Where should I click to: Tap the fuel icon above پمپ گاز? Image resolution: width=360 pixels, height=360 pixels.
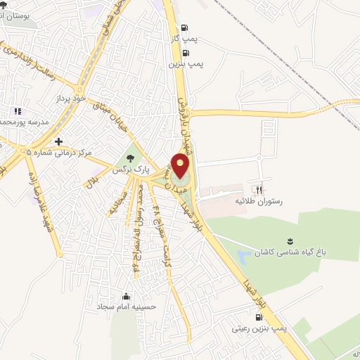click(x=185, y=29)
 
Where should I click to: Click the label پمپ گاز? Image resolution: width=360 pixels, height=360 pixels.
click(x=184, y=40)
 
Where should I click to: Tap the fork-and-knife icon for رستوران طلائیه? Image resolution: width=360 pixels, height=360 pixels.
click(x=259, y=189)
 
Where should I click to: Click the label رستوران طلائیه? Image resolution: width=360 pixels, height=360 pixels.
click(x=257, y=201)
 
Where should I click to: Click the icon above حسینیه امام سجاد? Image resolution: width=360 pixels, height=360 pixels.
click(x=126, y=295)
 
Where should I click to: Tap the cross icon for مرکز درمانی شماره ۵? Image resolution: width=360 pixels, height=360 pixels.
click(x=58, y=140)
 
